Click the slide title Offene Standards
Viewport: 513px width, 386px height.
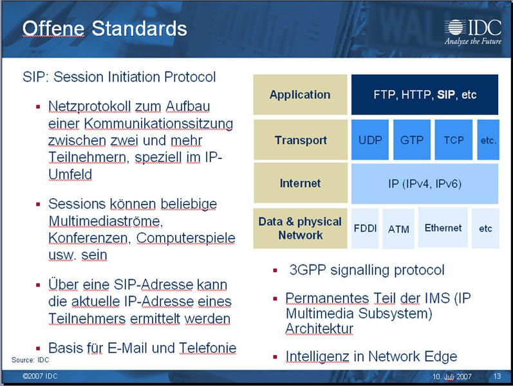(105, 29)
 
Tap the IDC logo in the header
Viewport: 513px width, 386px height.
(473, 31)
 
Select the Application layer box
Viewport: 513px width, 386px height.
(299, 95)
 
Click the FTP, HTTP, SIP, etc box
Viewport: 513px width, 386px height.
(425, 95)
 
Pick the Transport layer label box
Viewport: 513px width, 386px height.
(300, 140)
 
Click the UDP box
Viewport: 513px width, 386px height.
(370, 140)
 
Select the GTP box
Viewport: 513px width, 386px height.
(411, 140)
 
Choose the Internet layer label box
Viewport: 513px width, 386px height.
(300, 183)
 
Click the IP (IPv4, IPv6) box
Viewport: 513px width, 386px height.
(425, 183)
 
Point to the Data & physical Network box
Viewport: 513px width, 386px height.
(300, 228)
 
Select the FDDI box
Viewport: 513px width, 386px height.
(366, 228)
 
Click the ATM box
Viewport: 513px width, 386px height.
(398, 229)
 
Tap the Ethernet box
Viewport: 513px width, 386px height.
(443, 228)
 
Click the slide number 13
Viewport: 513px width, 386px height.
(497, 376)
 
